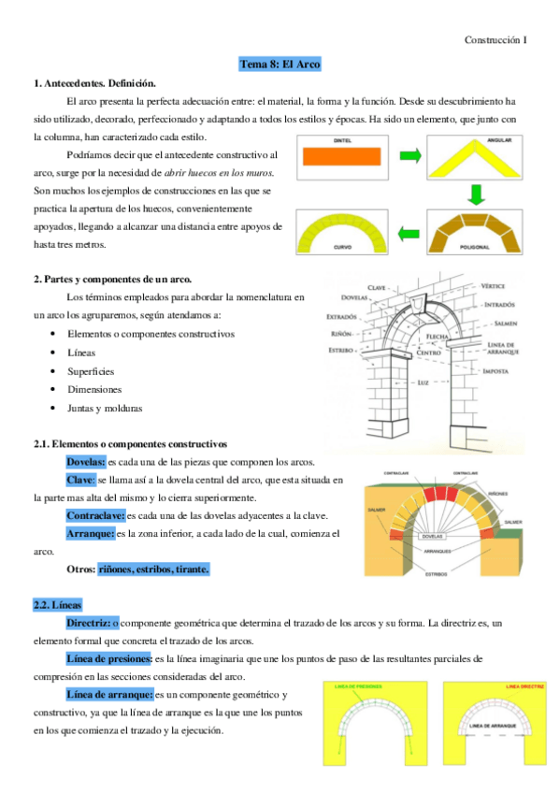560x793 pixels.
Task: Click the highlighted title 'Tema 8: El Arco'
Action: (x=280, y=64)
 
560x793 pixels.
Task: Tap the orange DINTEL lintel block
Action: (x=346, y=161)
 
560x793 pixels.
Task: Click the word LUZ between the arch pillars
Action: (x=424, y=383)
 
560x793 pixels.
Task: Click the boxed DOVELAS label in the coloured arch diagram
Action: (x=432, y=538)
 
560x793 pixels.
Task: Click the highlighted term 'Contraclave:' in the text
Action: (x=94, y=515)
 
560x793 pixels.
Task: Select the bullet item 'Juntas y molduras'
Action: (x=105, y=409)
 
